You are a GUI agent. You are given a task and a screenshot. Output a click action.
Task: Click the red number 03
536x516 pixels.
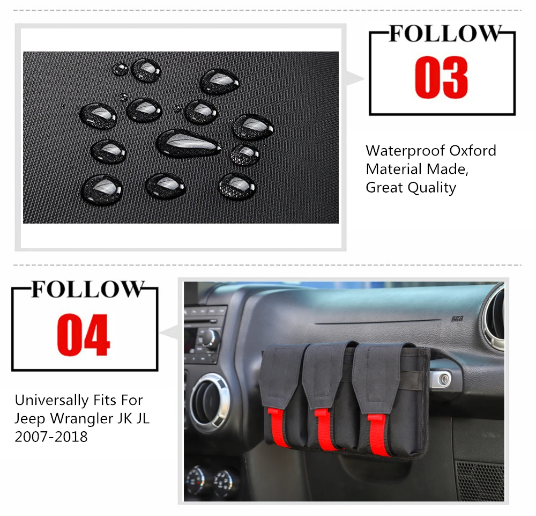[441, 77]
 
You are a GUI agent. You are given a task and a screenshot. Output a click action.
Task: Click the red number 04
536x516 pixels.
[84, 335]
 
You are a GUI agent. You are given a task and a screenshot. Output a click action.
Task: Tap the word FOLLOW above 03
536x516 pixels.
[445, 34]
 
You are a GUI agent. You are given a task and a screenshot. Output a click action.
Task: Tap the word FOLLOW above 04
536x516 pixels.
[87, 290]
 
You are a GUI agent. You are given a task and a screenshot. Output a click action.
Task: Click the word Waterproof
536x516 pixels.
[405, 151]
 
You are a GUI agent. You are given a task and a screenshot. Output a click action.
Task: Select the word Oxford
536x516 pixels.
[473, 151]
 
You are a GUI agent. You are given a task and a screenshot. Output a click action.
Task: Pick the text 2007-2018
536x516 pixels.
[51, 437]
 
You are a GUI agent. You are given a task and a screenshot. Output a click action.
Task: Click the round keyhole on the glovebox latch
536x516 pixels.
[444, 379]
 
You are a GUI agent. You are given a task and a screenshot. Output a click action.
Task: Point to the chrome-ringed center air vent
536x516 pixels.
[209, 401]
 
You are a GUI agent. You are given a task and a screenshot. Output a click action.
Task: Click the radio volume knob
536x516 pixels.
[210, 338]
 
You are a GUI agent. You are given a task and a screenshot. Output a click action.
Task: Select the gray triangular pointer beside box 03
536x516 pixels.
[354, 79]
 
